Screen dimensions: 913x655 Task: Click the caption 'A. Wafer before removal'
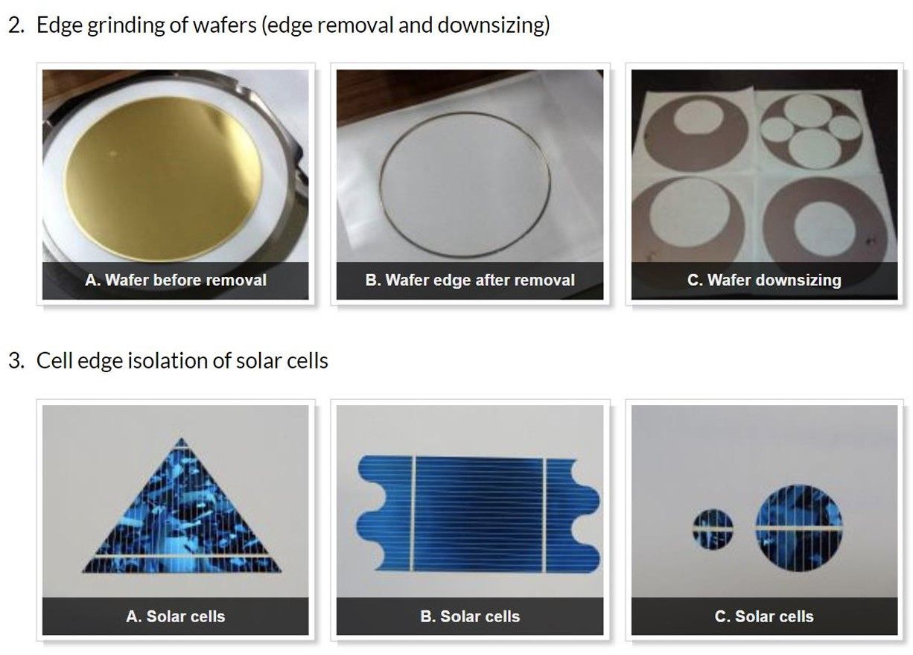tap(176, 281)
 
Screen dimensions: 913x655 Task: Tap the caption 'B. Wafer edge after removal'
tap(470, 281)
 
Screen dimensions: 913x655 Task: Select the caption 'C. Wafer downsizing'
tap(764, 281)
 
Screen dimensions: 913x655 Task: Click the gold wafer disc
tap(163, 179)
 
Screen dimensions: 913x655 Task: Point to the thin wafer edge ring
tap(380, 183)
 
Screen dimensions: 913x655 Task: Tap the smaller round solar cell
tap(713, 528)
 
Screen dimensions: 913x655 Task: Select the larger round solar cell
tap(798, 528)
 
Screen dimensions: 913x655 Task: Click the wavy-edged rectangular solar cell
tap(478, 514)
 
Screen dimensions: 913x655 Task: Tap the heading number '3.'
tap(16, 361)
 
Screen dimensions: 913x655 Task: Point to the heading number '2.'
tap(16, 25)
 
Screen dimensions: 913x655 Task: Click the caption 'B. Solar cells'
tap(470, 616)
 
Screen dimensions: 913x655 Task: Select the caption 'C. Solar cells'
tap(764, 616)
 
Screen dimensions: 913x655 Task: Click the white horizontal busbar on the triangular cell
tap(182, 555)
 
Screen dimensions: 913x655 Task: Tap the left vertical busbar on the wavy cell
tap(413, 514)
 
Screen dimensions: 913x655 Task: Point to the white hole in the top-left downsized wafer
tap(699, 118)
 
